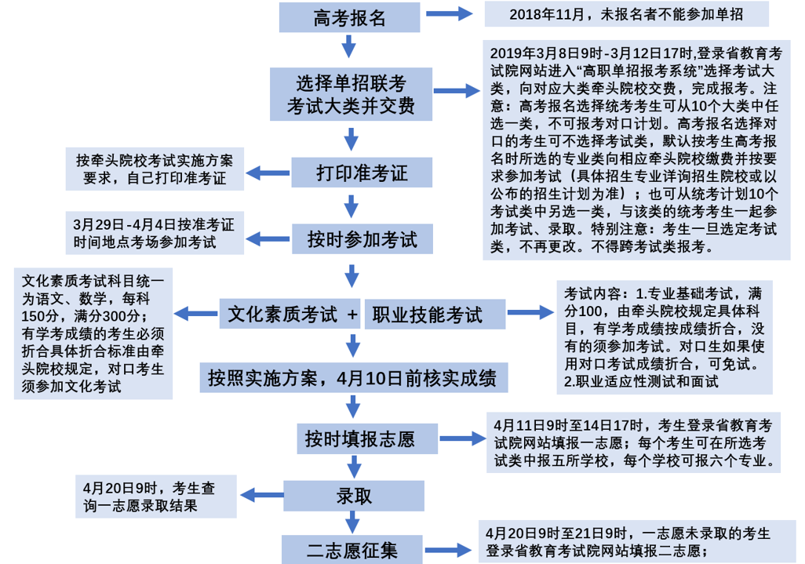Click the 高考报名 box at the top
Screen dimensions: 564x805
point(350,17)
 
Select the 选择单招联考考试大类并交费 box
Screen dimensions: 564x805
point(351,93)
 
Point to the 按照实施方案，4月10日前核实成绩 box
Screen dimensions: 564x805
point(353,377)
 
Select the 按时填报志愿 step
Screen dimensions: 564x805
point(359,438)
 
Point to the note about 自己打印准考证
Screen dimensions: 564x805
point(155,167)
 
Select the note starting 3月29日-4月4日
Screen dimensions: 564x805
point(154,233)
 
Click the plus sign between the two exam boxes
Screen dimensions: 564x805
point(352,315)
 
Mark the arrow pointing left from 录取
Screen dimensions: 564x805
point(259,496)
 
